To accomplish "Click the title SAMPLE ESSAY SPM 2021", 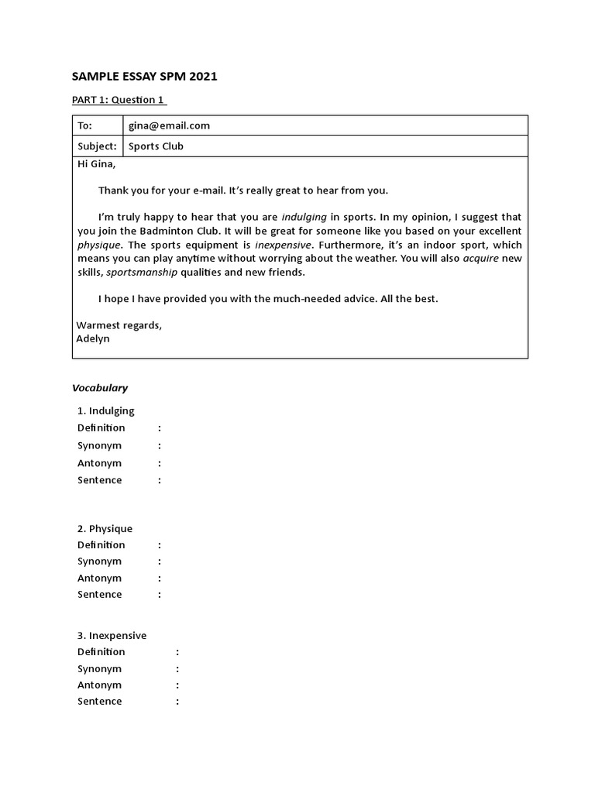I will [x=145, y=76].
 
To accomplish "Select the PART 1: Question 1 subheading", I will [x=119, y=100].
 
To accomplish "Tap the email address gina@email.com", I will [x=169, y=125].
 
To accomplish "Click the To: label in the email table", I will [x=84, y=125].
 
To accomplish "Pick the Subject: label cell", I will [x=97, y=146].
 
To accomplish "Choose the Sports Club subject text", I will [x=156, y=146].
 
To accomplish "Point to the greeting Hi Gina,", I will [x=96, y=163].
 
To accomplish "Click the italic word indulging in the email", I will [x=304, y=218].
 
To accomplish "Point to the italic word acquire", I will [x=481, y=259].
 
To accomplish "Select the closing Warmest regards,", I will [x=119, y=325].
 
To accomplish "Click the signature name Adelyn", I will [x=93, y=338].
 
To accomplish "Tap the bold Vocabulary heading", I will [x=100, y=388].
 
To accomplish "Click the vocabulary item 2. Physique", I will [x=105, y=528].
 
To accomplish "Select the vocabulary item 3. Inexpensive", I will [x=112, y=635].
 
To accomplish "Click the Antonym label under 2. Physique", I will [x=99, y=578].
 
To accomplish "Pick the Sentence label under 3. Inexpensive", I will [x=99, y=701].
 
